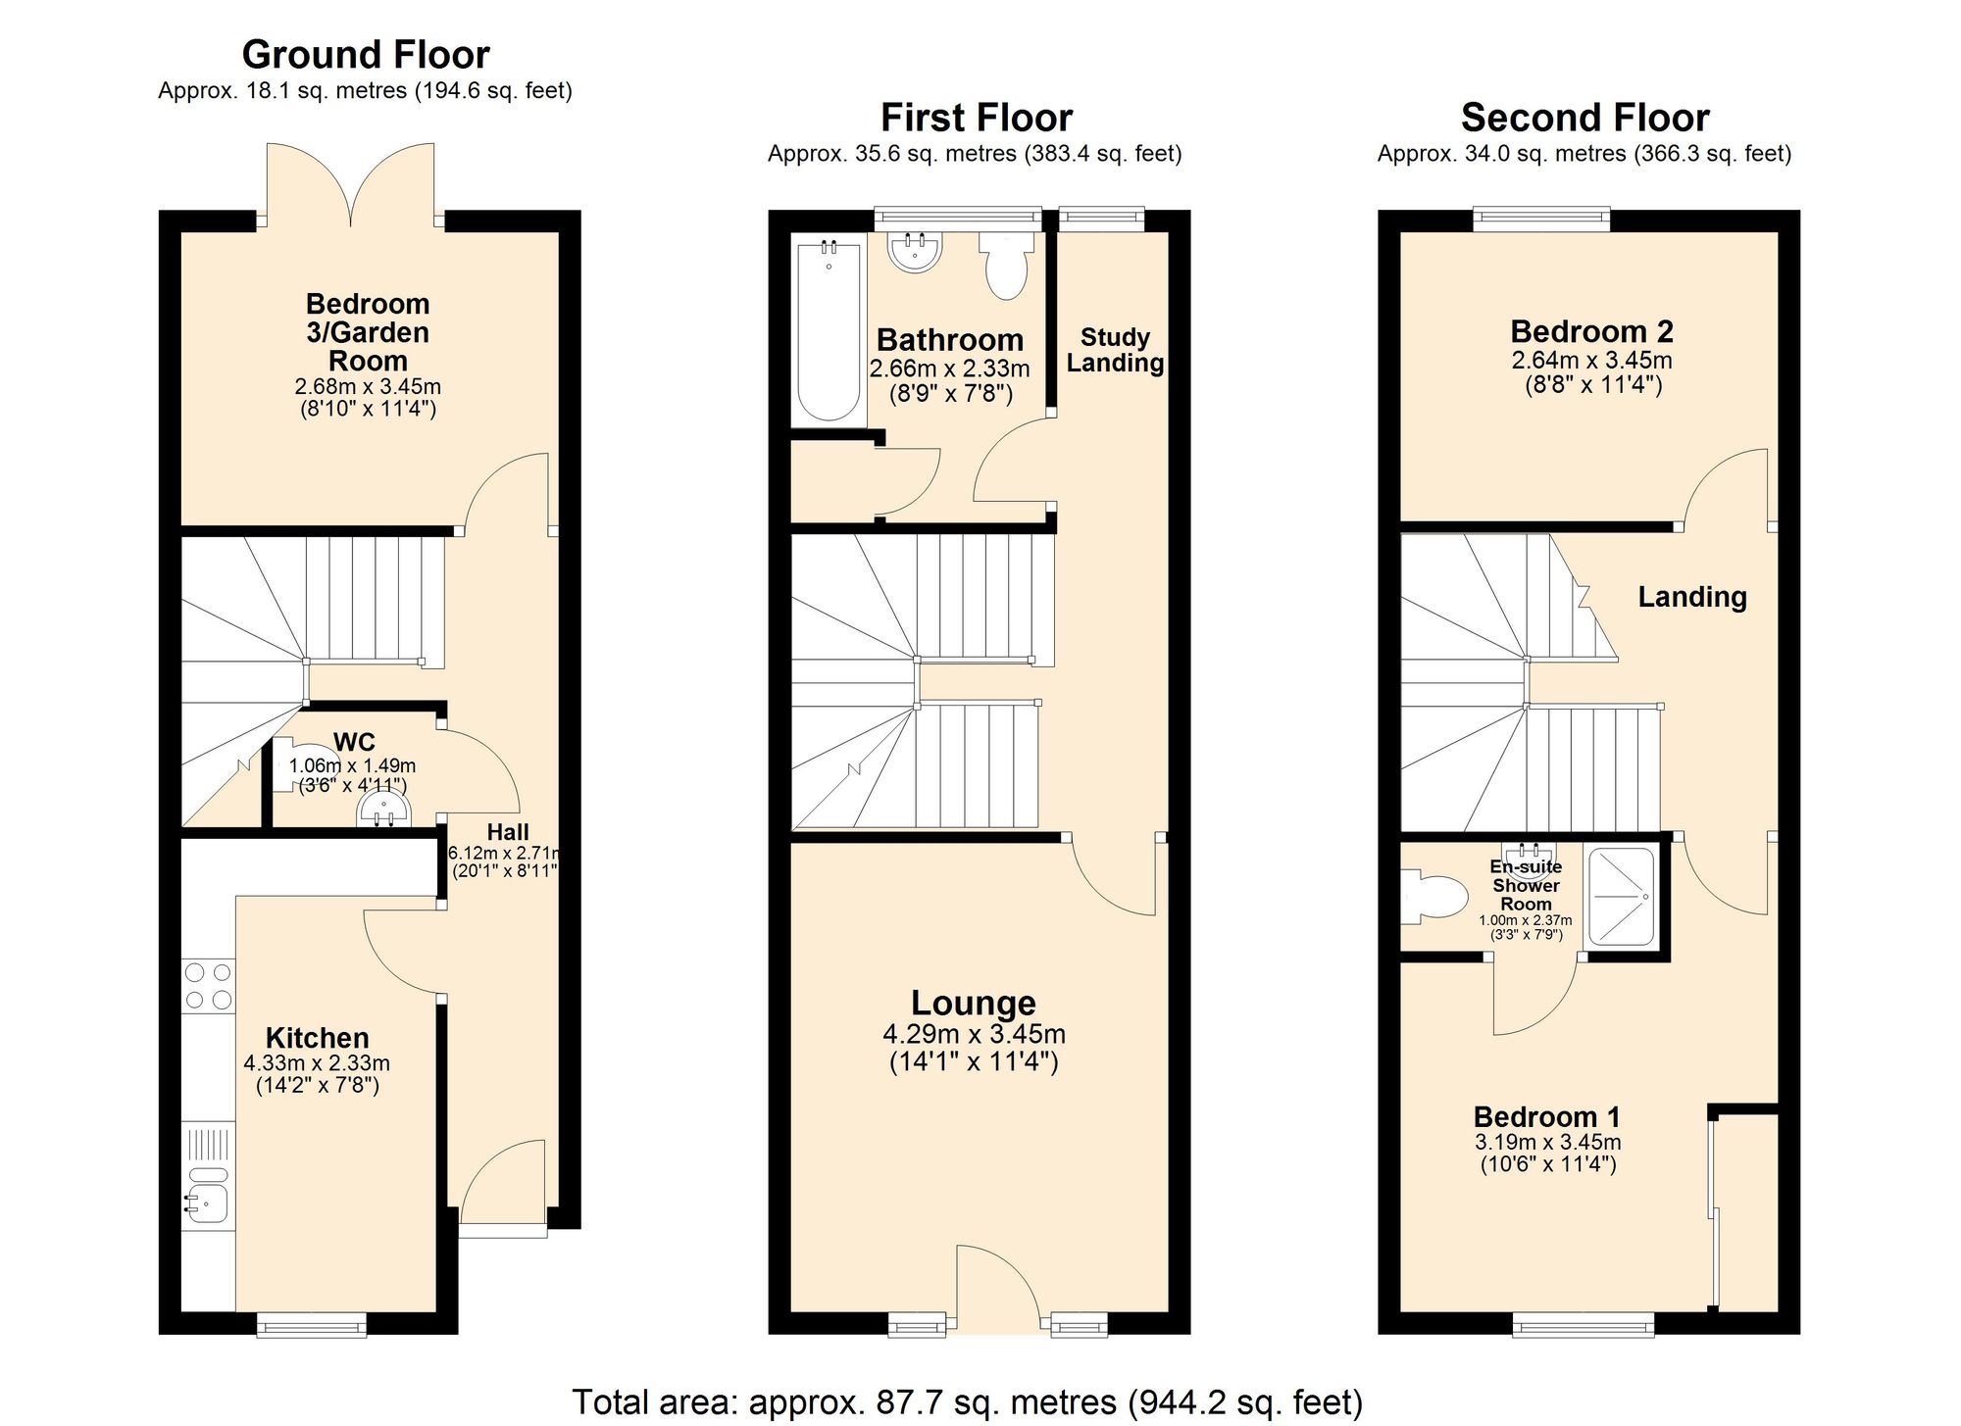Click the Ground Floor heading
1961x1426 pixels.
(366, 55)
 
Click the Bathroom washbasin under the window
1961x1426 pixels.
(915, 252)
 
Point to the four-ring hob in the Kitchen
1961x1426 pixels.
(209, 986)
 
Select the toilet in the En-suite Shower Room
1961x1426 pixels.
(1431, 898)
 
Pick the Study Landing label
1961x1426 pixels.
(1115, 350)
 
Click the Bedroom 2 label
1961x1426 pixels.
(1591, 331)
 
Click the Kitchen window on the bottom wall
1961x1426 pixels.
(312, 1326)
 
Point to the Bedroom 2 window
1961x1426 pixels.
(1541, 219)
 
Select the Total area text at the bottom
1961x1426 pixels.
(967, 1402)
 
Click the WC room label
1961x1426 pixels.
(354, 742)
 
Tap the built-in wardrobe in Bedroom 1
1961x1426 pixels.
(1748, 1211)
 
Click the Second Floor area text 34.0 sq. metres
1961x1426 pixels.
(1584, 154)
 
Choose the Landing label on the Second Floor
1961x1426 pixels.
(1692, 597)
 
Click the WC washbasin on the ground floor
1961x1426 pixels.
(385, 809)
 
